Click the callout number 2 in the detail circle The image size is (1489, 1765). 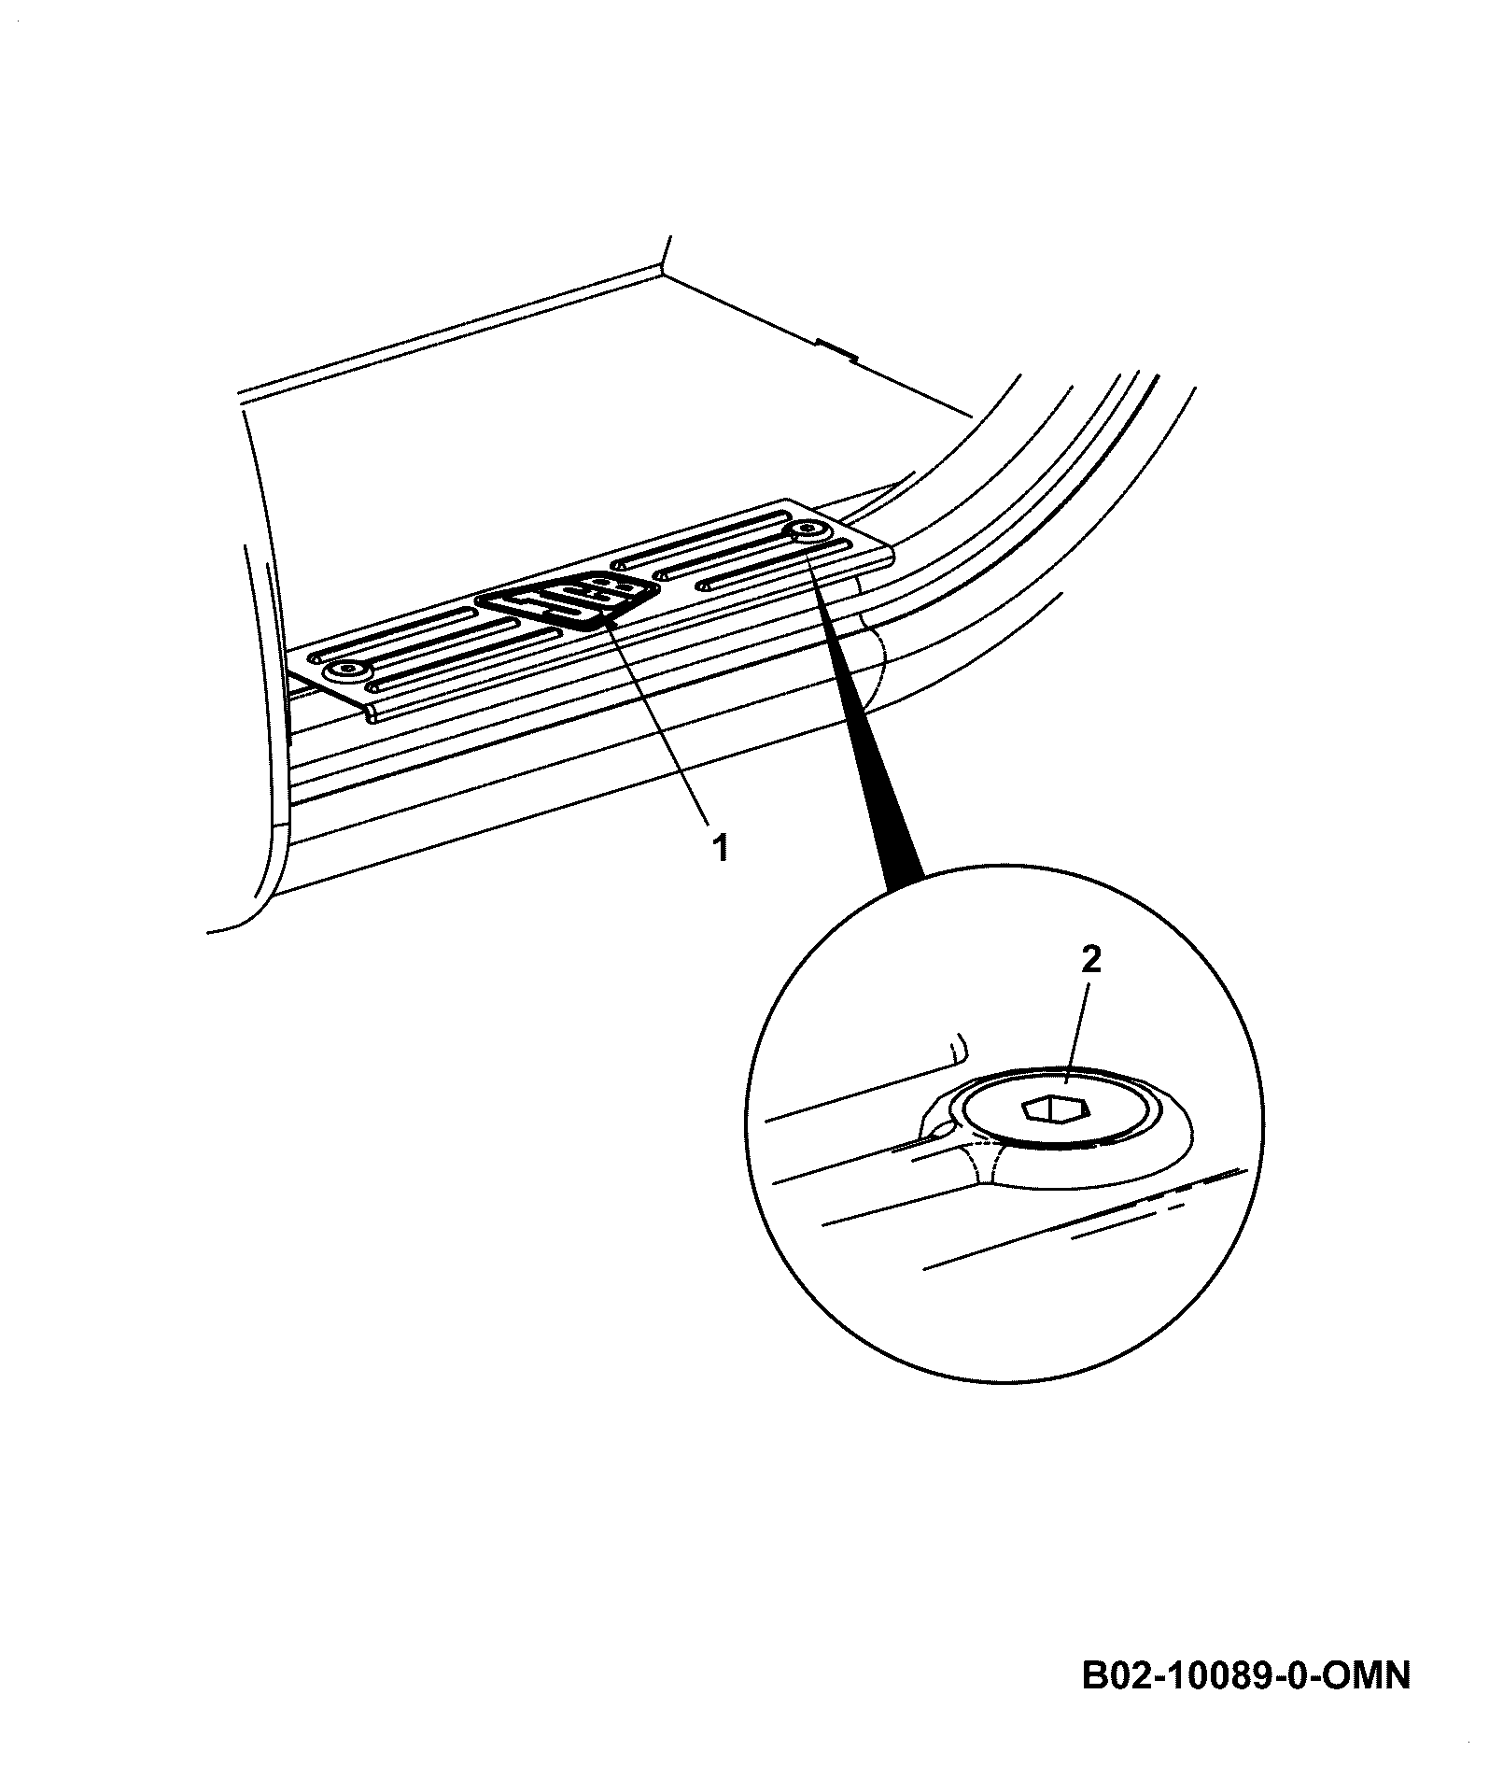[1091, 960]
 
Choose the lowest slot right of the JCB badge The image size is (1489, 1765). [775, 567]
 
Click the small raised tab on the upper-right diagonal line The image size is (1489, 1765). [836, 348]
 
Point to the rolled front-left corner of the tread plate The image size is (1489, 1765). [372, 714]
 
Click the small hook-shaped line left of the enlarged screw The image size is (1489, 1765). [956, 1047]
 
